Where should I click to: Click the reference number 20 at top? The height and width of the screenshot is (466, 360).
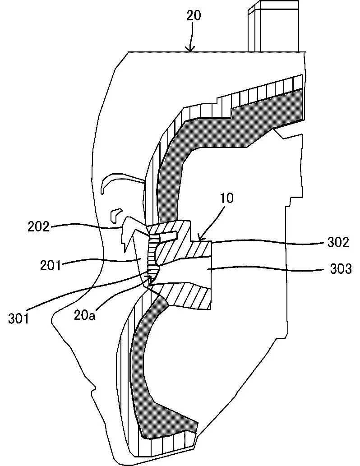tap(194, 15)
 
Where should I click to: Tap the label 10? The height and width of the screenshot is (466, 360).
tap(227, 198)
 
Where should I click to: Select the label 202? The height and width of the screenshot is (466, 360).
tap(38, 226)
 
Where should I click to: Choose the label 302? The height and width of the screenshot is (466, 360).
tap(339, 242)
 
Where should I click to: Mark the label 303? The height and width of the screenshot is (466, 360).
tap(339, 269)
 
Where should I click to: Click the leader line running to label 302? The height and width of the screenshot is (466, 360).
tap(271, 242)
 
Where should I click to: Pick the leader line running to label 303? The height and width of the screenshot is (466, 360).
tap(266, 269)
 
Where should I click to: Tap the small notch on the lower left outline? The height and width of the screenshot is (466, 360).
tap(93, 387)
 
